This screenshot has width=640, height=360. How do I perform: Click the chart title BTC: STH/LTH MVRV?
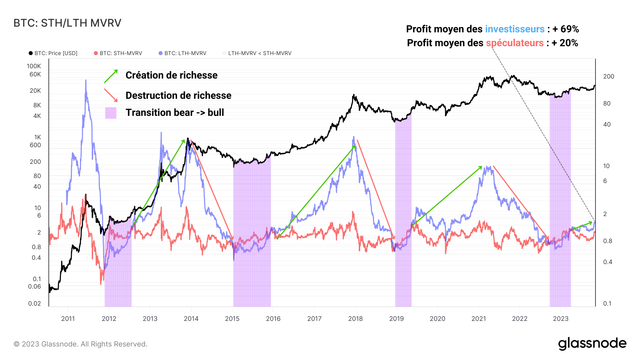point(67,23)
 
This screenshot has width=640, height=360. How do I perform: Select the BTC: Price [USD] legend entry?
point(53,53)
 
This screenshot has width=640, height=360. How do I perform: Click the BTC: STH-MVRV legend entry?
point(118,53)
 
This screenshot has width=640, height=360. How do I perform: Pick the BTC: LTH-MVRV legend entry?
point(182,53)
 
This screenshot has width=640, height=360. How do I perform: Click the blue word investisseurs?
point(514,29)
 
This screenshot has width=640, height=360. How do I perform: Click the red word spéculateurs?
point(514,43)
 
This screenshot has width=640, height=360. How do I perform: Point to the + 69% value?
point(566,29)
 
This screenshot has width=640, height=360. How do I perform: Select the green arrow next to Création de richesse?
point(111,76)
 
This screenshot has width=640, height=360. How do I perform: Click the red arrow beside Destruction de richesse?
point(111,95)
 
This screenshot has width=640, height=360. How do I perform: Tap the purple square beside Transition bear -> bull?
point(111,113)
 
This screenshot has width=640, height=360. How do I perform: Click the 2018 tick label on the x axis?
point(355,319)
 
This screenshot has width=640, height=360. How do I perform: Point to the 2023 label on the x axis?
point(560,319)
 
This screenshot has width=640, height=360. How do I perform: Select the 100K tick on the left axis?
point(34,66)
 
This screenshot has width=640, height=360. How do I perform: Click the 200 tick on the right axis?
point(608,76)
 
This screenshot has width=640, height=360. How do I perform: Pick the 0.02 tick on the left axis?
point(34,303)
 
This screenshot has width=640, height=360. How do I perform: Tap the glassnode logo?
point(592,344)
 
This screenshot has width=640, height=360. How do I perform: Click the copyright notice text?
point(80,344)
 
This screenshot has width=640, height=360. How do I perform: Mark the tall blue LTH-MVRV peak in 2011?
point(86,82)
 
